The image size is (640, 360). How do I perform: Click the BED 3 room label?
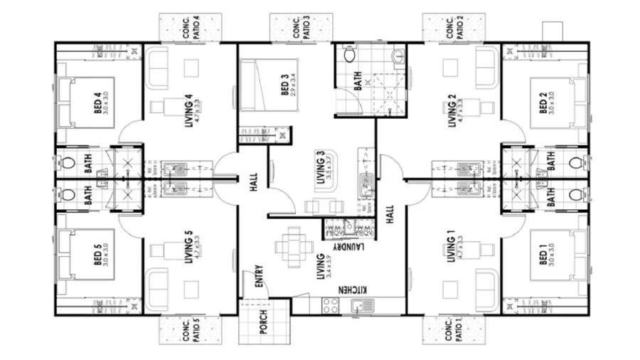click(x=284, y=83)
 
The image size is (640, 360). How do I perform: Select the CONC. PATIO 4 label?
click(x=190, y=27)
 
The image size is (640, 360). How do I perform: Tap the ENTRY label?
click(x=257, y=277)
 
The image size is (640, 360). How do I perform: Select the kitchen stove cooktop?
click(x=331, y=305)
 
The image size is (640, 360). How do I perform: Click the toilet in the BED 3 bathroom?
click(x=349, y=56)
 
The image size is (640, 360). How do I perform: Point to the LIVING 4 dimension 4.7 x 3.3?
click(x=176, y=103)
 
